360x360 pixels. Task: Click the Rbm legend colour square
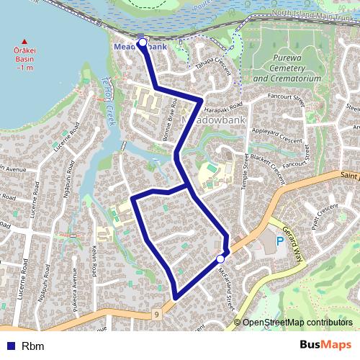[x=12, y=346]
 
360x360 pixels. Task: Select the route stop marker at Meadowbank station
[x=143, y=43]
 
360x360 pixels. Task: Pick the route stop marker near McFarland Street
[x=220, y=258]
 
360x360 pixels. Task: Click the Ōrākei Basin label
[x=25, y=57]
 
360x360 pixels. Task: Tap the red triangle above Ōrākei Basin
[x=25, y=41]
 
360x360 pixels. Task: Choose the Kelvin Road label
[x=94, y=268]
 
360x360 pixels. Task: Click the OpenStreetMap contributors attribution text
[x=297, y=323]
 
